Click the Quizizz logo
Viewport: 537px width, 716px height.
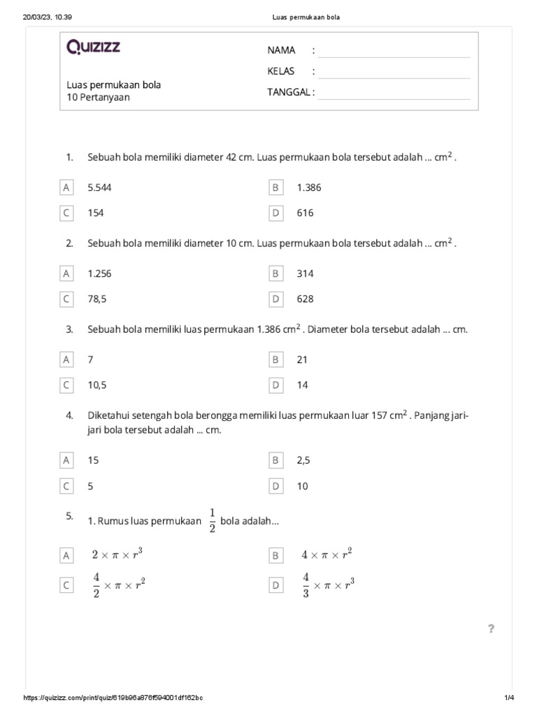click(x=94, y=48)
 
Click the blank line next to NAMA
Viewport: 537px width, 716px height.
click(x=394, y=50)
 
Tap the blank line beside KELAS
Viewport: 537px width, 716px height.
click(x=394, y=71)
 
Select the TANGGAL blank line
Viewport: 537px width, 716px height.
click(x=394, y=93)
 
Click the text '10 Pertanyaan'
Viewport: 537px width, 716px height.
click(x=98, y=97)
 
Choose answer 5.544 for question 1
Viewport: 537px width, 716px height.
click(x=99, y=187)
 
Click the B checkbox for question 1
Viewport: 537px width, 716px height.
click(x=275, y=187)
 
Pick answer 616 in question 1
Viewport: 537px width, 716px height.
click(x=305, y=213)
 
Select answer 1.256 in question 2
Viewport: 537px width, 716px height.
click(x=99, y=273)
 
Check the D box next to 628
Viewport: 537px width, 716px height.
click(x=275, y=299)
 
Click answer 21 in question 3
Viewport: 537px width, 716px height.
click(x=302, y=359)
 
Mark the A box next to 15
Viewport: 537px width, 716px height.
click(x=66, y=461)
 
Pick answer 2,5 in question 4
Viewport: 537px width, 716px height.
click(x=302, y=461)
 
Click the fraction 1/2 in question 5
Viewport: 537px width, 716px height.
click(x=212, y=521)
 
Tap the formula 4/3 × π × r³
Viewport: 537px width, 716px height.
click(x=328, y=585)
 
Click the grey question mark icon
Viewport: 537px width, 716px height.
click(x=491, y=629)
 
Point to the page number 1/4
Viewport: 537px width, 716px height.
click(x=508, y=699)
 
